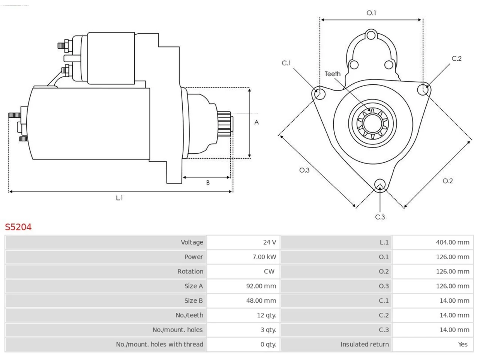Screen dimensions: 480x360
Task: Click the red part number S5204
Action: [18, 227]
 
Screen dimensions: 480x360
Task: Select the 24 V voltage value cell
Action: [243, 242]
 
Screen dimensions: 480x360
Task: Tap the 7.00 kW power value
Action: [264, 257]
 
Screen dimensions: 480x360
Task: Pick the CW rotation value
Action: [269, 271]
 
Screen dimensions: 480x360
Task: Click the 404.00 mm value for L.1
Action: [453, 242]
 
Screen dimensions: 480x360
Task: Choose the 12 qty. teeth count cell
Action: [243, 315]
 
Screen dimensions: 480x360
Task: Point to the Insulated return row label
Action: [364, 345]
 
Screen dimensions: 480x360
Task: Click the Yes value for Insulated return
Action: [463, 345]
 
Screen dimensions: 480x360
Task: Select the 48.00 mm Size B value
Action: [261, 300]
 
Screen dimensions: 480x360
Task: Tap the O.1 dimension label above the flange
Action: [371, 13]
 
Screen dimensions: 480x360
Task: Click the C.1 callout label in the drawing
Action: [286, 63]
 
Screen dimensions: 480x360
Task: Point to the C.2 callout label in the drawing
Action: [457, 58]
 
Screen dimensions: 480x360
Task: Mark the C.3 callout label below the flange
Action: [380, 217]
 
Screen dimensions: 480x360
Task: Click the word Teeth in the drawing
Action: [333, 74]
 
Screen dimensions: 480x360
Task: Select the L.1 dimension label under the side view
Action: [119, 198]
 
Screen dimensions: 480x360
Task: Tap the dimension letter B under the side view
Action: [208, 183]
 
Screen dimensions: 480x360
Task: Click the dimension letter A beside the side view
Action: [256, 122]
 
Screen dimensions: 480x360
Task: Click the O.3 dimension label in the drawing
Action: [304, 170]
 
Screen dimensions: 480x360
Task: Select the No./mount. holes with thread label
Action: [160, 345]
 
